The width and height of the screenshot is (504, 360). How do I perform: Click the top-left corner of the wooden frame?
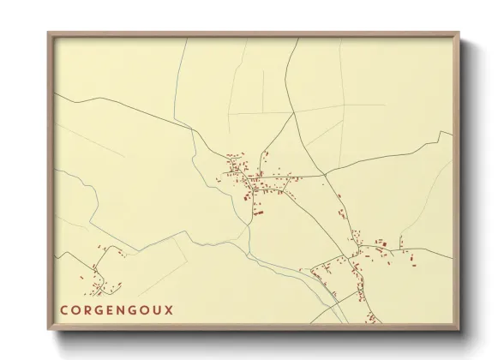[x=48, y=33]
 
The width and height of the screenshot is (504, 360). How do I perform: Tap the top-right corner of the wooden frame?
[x=459, y=33]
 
